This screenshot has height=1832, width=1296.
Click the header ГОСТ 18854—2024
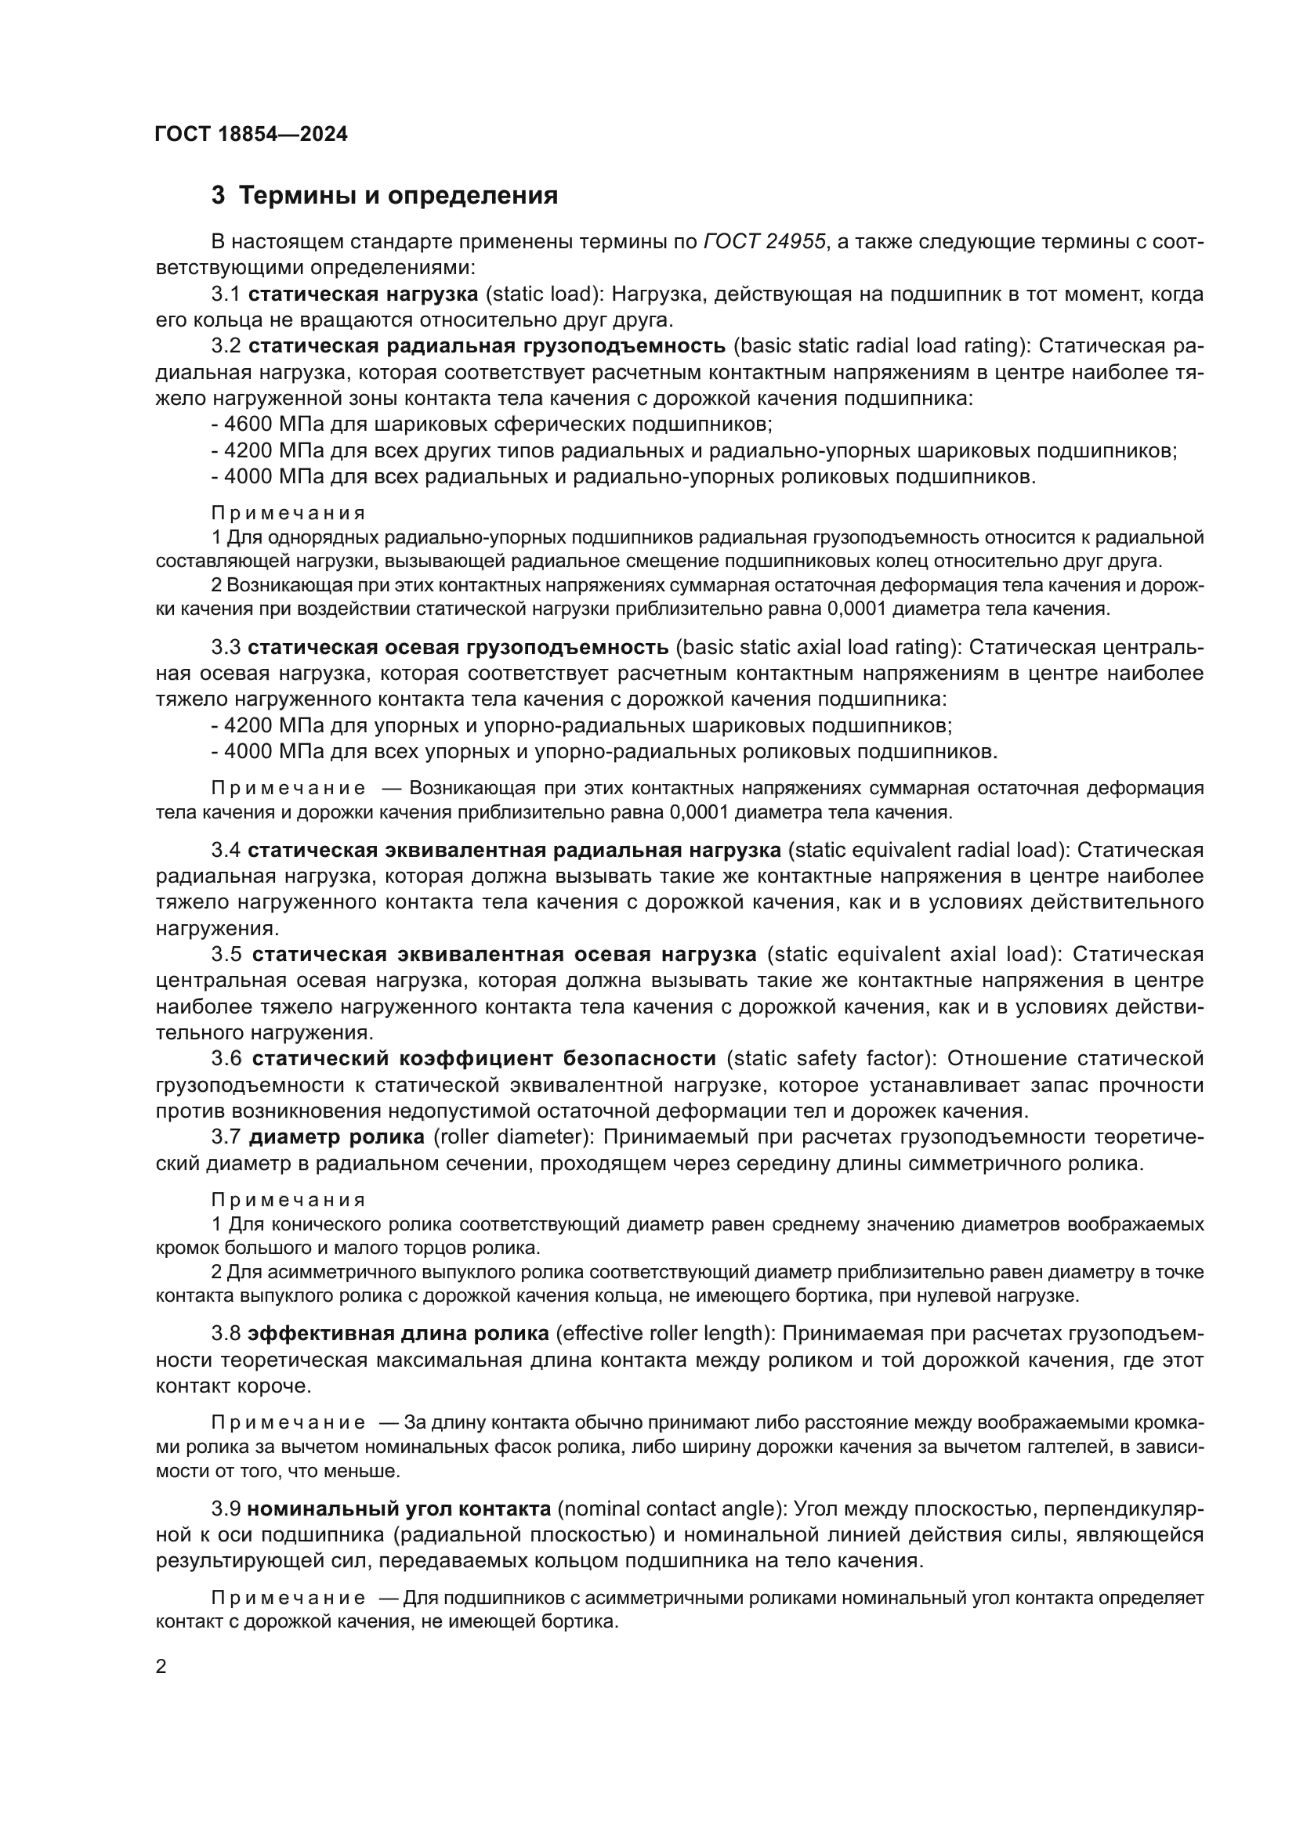tap(252, 134)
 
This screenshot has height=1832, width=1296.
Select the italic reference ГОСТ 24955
tap(765, 242)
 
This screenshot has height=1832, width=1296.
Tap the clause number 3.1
tap(226, 294)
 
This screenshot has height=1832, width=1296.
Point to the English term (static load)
tap(544, 294)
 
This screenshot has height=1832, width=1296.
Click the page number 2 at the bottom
tap(161, 1667)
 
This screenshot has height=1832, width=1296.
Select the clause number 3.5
tap(226, 954)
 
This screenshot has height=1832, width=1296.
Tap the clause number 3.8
tap(226, 1333)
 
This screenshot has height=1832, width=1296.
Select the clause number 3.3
tap(226, 646)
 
